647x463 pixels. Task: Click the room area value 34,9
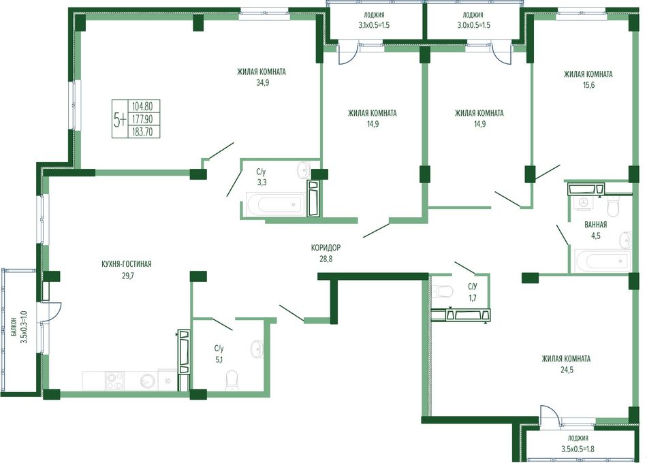263,82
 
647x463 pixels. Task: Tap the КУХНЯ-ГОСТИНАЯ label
126,264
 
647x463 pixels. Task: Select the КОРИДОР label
326,248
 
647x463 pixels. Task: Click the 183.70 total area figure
142,131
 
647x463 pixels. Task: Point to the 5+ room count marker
120,120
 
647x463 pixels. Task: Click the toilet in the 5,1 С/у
232,381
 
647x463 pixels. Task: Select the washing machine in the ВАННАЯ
584,203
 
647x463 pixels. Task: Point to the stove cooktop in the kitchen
114,381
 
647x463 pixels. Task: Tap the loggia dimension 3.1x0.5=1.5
374,25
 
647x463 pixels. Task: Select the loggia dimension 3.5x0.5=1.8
578,449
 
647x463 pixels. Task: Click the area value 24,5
566,370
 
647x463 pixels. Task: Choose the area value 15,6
588,85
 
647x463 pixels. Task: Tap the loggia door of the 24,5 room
549,415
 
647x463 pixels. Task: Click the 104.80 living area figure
142,106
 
